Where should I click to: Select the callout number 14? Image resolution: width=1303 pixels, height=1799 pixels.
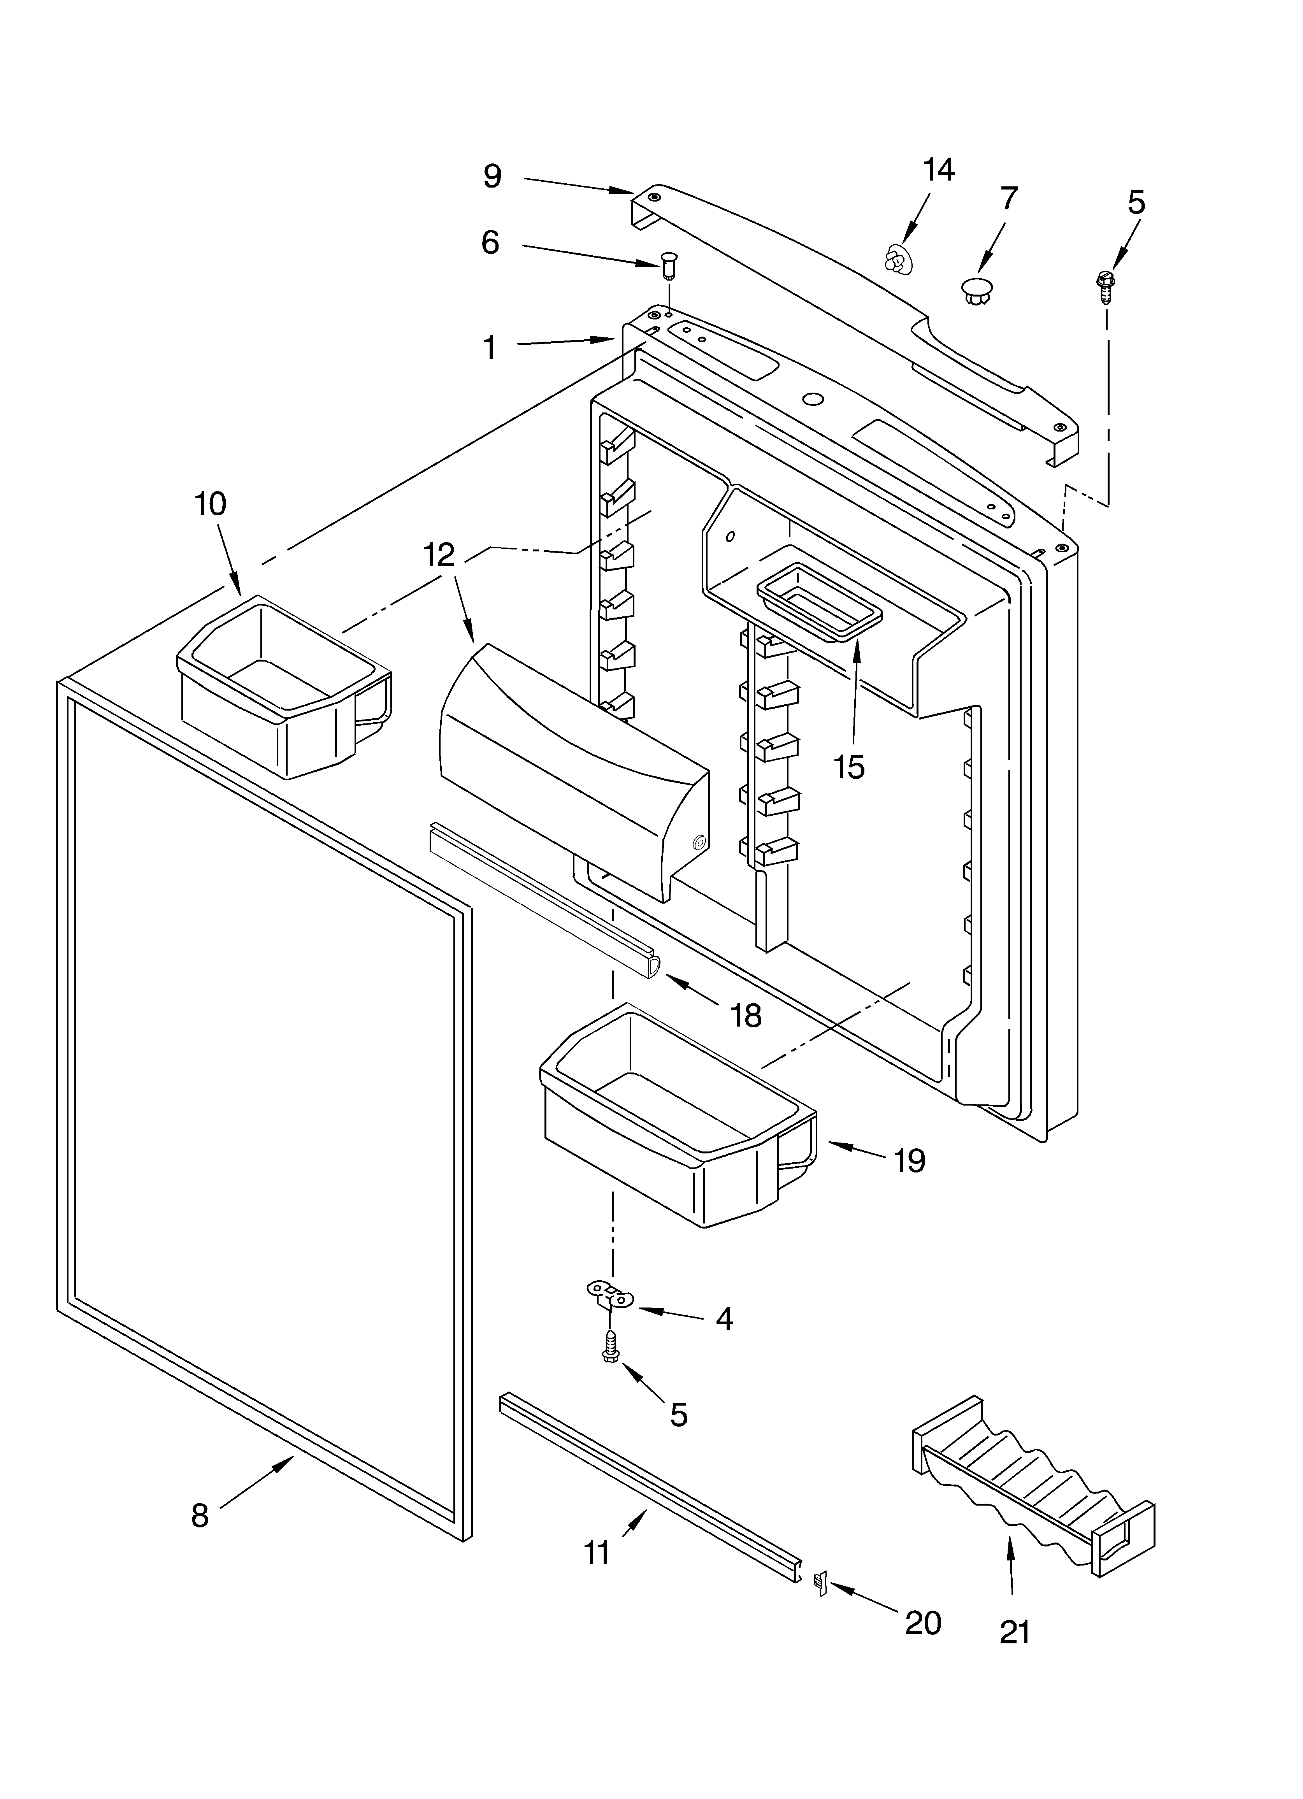point(939,170)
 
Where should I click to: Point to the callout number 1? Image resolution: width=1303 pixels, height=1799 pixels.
point(490,347)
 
